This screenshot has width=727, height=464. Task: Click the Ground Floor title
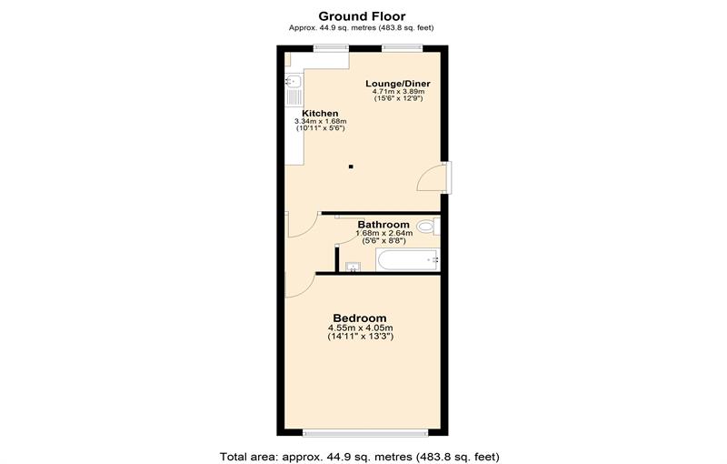pos(362,15)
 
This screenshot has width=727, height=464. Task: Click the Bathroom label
pos(383,224)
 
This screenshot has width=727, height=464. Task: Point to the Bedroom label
pos(361,318)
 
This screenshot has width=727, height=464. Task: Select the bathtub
pos(407,260)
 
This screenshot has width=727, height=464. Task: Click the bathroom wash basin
pos(354,266)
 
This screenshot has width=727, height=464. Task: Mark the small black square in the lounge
pos(352,166)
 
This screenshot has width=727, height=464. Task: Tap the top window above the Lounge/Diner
pos(397,48)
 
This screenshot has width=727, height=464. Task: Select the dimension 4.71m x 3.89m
pos(398,92)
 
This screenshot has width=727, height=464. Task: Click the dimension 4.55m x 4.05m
pos(361,328)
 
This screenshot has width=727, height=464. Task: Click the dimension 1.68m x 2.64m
pos(383,233)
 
